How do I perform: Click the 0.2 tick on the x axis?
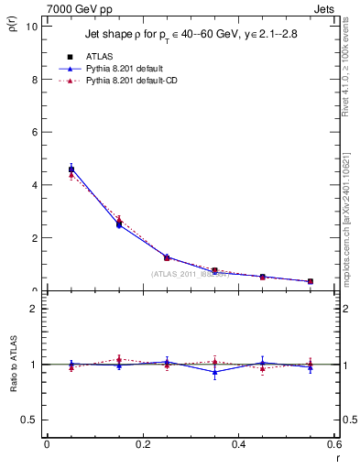[x=143, y=445]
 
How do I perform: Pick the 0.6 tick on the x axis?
[x=334, y=445]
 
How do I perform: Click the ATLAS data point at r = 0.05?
[x=71, y=169]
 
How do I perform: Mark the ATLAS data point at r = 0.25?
[x=167, y=257]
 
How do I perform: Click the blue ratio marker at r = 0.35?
[x=214, y=372]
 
